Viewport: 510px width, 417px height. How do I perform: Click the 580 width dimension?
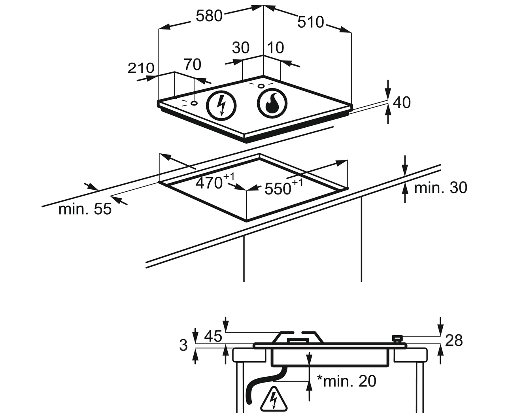click(209, 16)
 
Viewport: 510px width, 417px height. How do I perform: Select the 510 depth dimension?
click(310, 22)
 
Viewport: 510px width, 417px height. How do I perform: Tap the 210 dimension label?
click(141, 68)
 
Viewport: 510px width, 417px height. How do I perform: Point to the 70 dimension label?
click(193, 64)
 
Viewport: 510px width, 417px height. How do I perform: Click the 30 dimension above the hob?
click(240, 48)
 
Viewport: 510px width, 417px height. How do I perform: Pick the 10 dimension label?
click(276, 48)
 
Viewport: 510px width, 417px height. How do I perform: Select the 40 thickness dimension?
click(402, 102)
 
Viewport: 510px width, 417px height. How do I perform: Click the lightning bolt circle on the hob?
click(221, 105)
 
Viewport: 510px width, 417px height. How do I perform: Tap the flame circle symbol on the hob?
click(272, 103)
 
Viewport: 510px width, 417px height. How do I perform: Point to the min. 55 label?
click(85, 209)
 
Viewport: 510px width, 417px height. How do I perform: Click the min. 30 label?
click(440, 188)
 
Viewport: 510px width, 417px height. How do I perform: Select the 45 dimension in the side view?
click(213, 336)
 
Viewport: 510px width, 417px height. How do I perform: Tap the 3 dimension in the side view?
click(183, 345)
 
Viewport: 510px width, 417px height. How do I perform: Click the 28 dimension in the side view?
click(454, 340)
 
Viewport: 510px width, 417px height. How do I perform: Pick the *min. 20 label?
click(347, 381)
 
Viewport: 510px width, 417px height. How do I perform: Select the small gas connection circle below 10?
click(261, 86)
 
